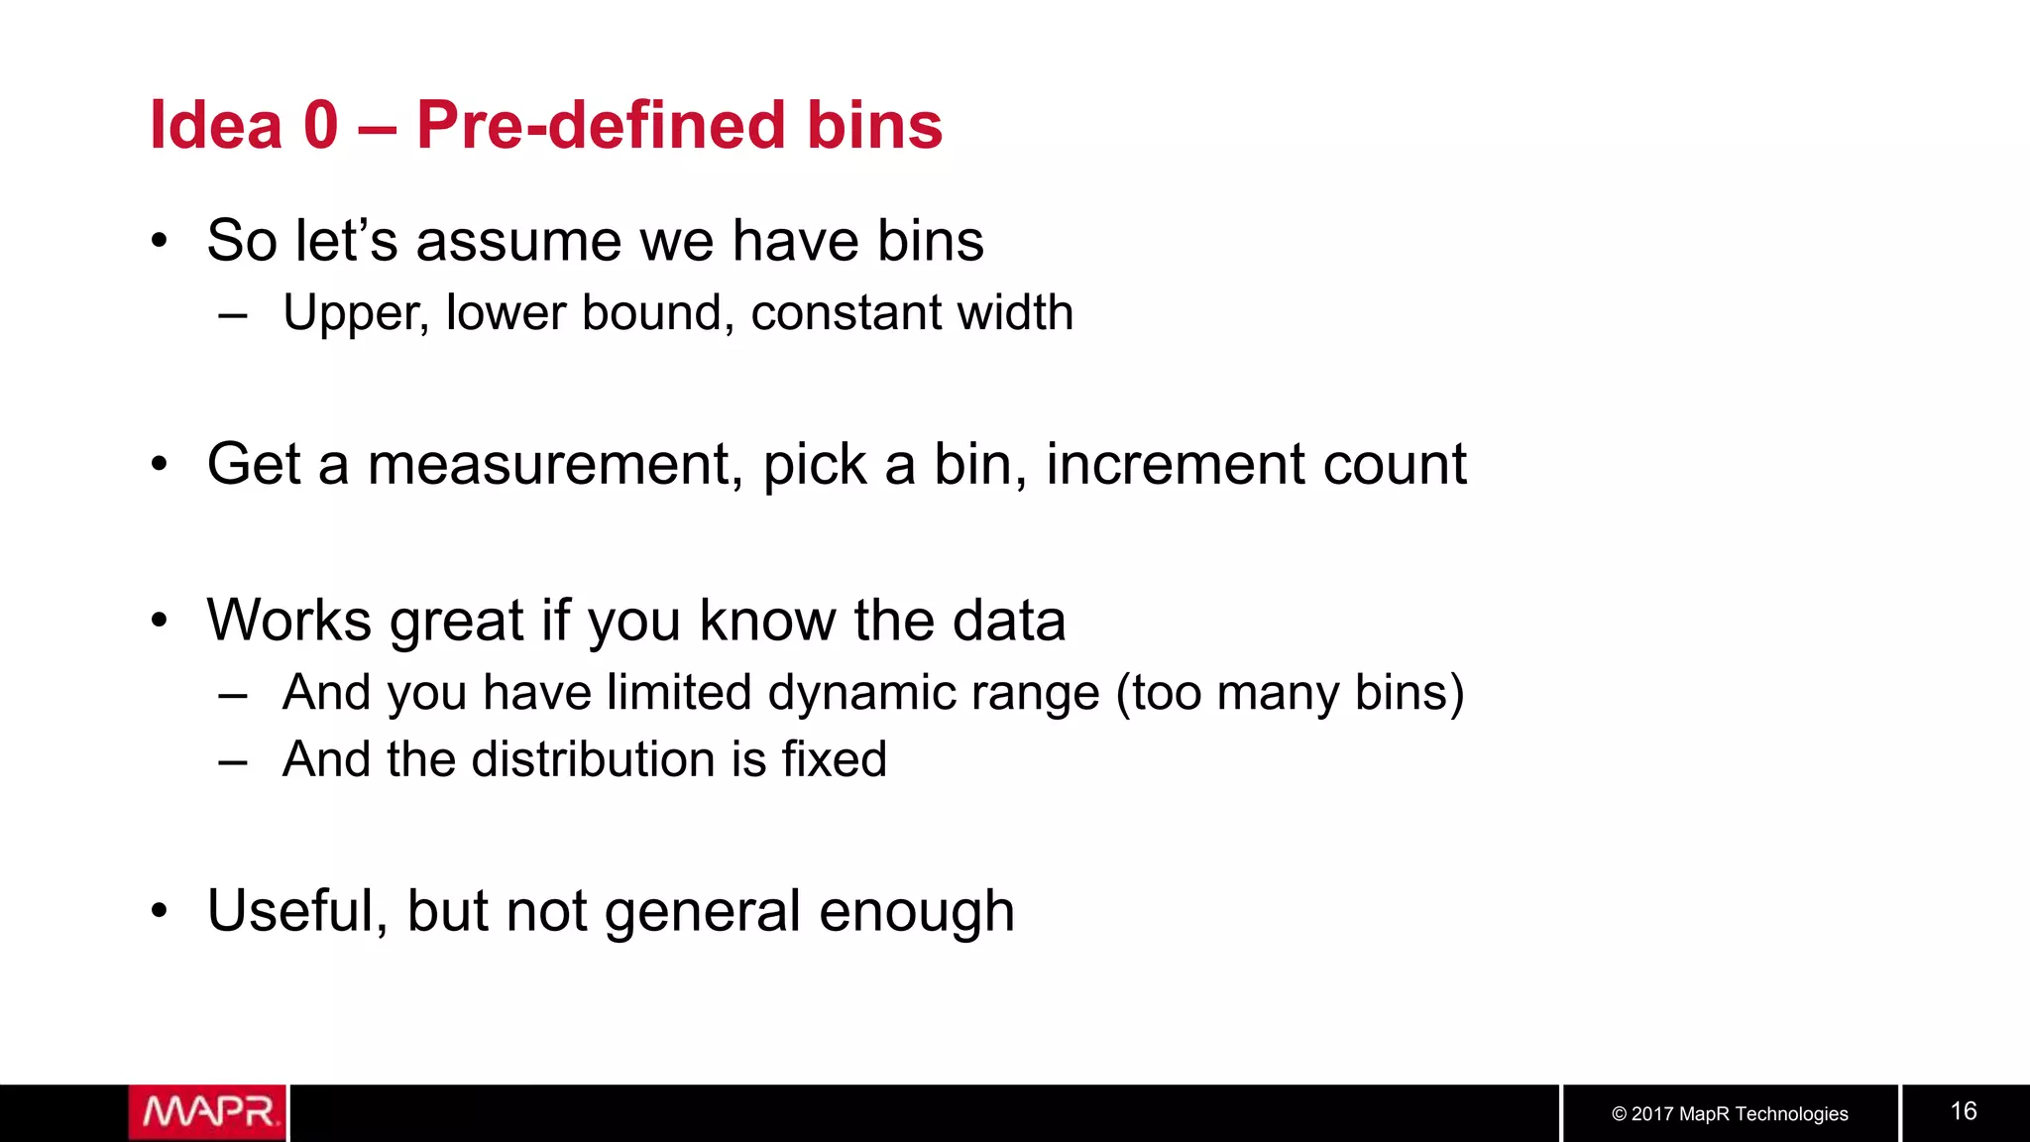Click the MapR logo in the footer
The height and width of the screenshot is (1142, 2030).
click(207, 1112)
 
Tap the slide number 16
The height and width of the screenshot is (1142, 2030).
click(1964, 1111)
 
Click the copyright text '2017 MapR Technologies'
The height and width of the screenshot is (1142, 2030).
click(1739, 1114)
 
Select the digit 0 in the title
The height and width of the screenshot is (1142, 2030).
click(320, 126)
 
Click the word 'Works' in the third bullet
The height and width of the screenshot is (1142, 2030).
click(288, 621)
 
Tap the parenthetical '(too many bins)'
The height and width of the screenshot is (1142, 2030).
click(1290, 693)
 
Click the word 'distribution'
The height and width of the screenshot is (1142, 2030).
click(593, 759)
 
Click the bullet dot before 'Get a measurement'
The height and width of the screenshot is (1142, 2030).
click(160, 464)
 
